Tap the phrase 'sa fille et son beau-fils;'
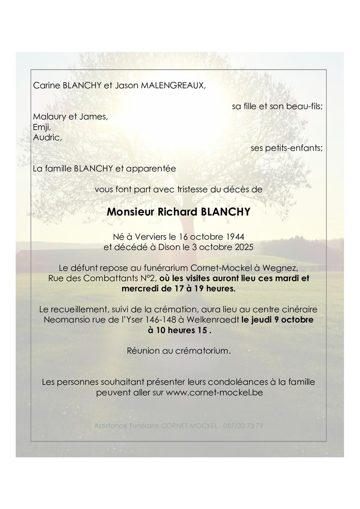pos(277,107)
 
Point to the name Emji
pos(42,128)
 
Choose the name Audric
pos(47,138)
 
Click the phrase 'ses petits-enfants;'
pos(286,148)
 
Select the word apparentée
pos(151,169)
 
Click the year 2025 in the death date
pos(244,247)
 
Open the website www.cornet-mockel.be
pos(214,392)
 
